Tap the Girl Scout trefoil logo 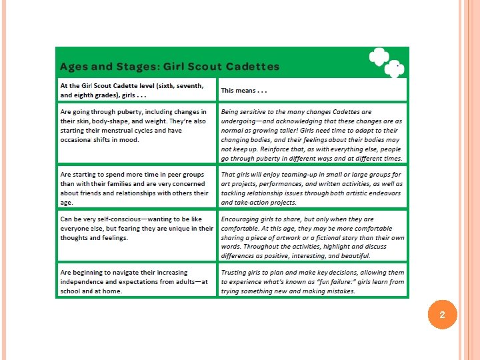click(x=385, y=61)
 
